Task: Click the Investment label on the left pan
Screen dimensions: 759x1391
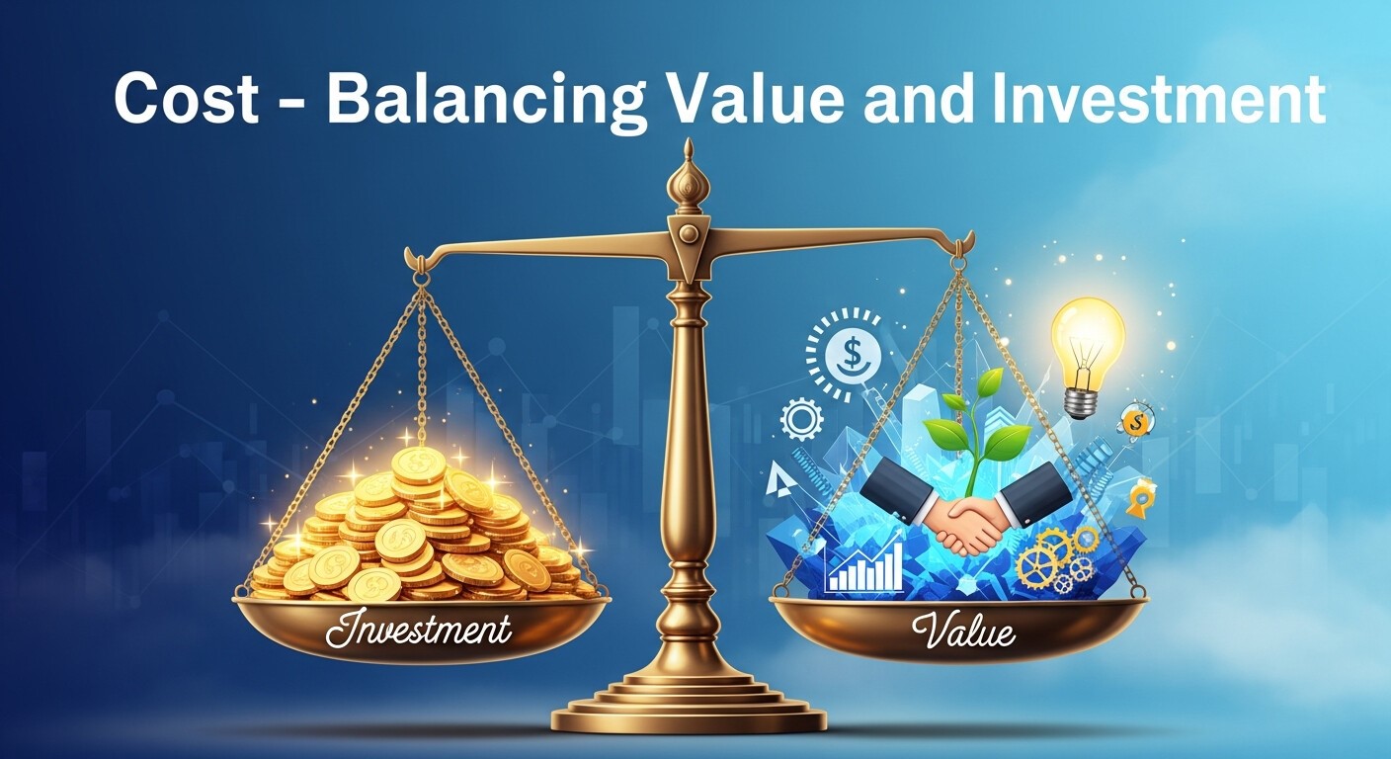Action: [419, 630]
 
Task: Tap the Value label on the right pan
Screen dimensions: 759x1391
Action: [964, 630]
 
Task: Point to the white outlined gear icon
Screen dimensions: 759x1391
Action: [802, 419]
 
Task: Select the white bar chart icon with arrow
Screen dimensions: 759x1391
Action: [864, 565]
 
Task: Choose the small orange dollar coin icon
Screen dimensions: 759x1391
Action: [1136, 420]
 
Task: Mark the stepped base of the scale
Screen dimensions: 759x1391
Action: [688, 707]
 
